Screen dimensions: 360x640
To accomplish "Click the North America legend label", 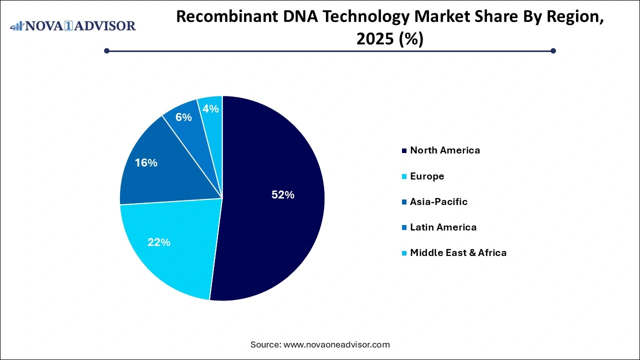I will [x=444, y=150].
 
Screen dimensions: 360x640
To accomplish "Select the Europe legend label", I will [x=426, y=176].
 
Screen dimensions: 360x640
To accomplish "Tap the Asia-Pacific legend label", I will [x=438, y=201].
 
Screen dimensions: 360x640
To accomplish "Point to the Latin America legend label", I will [x=443, y=227].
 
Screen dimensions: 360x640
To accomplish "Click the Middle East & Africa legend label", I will [x=458, y=253].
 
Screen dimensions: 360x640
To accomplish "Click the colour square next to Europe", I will [x=404, y=176].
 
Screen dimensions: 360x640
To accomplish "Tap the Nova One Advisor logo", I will [x=73, y=25].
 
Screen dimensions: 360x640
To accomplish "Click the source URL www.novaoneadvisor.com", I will [x=336, y=344].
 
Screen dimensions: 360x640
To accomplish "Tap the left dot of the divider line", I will [x=106, y=50].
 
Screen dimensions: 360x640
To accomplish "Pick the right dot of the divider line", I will [x=553, y=50].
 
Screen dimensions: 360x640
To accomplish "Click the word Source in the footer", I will [x=265, y=344].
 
